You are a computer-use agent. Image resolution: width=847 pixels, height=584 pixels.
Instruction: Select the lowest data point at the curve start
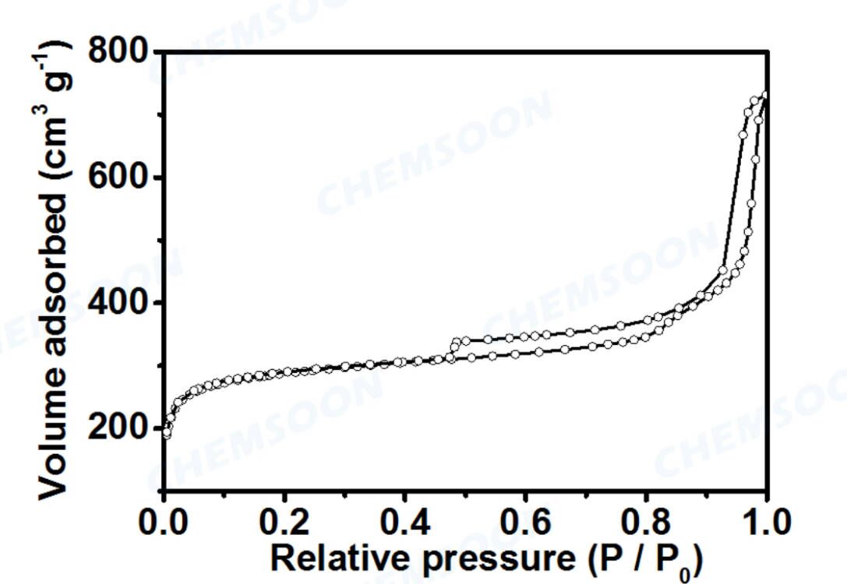167,434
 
